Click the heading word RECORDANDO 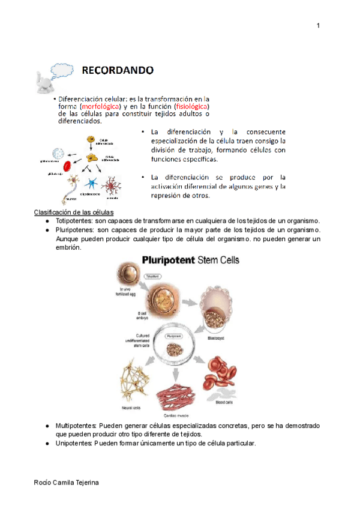click(118, 70)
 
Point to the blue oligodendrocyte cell click(93, 183)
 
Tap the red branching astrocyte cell click(112, 185)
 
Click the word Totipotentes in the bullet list click(74, 221)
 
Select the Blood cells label click(224, 404)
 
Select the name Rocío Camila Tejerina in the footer click(65, 484)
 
